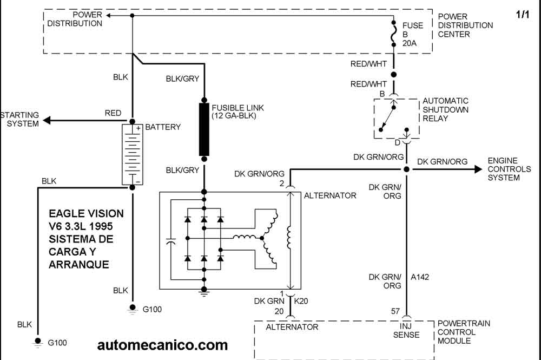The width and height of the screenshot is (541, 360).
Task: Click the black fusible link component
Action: (x=204, y=129)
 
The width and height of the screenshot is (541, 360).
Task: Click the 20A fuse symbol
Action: (x=394, y=37)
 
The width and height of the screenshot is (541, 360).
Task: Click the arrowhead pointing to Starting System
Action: (x=48, y=120)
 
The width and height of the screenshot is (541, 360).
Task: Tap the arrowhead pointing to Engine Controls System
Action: (x=478, y=169)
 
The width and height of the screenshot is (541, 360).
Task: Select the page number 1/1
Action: (x=523, y=15)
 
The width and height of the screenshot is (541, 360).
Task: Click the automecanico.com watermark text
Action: (x=163, y=345)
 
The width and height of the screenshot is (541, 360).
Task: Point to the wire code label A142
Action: (x=420, y=277)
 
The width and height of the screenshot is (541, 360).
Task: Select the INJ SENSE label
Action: (x=409, y=330)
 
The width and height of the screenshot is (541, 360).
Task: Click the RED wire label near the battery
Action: (x=113, y=113)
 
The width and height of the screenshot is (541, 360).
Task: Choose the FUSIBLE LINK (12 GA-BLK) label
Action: (x=234, y=112)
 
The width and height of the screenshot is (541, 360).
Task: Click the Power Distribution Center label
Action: (x=465, y=25)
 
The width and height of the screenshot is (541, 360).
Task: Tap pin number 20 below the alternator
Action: (x=279, y=311)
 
